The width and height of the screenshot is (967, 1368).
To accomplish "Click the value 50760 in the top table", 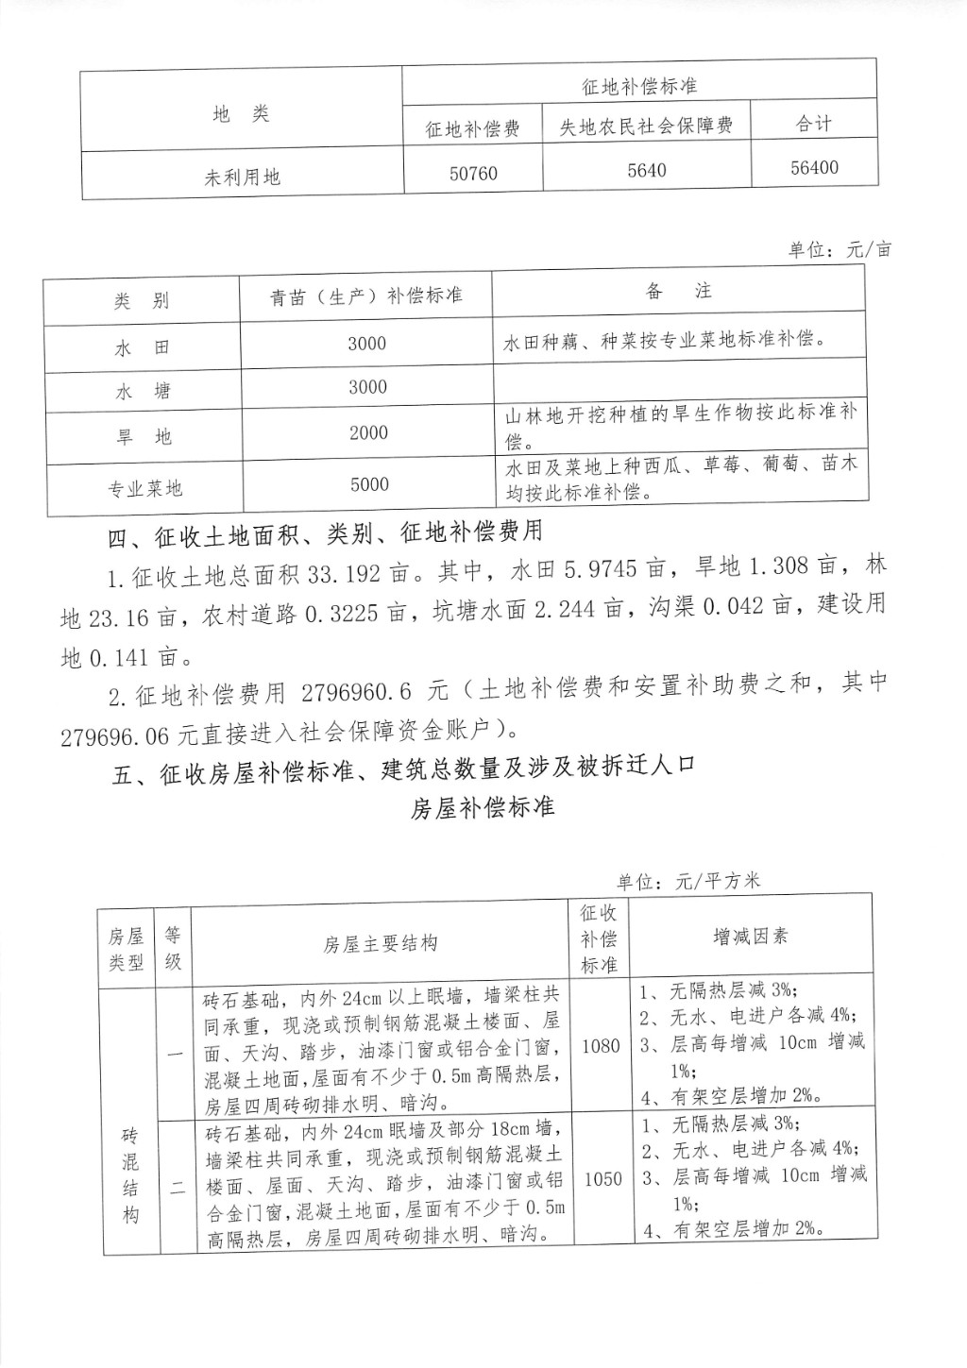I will click(472, 174).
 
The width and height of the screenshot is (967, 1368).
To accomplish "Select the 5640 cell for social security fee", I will click(646, 171).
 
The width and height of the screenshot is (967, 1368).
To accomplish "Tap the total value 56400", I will click(813, 168).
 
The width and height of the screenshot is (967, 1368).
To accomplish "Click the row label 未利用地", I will click(242, 177).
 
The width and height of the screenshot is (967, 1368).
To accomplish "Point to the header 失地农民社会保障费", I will click(646, 127).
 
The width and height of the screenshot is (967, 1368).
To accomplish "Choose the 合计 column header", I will click(813, 124).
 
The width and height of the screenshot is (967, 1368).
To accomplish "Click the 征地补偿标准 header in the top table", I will click(639, 87).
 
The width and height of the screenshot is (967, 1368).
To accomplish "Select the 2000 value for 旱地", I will click(368, 433).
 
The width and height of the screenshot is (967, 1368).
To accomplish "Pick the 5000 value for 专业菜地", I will click(369, 485).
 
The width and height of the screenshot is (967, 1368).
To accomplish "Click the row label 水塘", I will click(143, 391).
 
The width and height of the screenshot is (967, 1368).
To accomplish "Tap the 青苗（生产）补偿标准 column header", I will click(366, 296).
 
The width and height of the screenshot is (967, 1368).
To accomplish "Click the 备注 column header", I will click(678, 292).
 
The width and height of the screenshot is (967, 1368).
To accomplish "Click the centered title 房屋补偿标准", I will click(483, 808).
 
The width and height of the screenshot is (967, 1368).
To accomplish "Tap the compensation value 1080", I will click(601, 1045).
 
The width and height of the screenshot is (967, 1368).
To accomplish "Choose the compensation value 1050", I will click(602, 1179).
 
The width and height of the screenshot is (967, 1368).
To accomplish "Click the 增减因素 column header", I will click(750, 937).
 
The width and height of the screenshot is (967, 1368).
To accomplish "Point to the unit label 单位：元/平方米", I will click(688, 882).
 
